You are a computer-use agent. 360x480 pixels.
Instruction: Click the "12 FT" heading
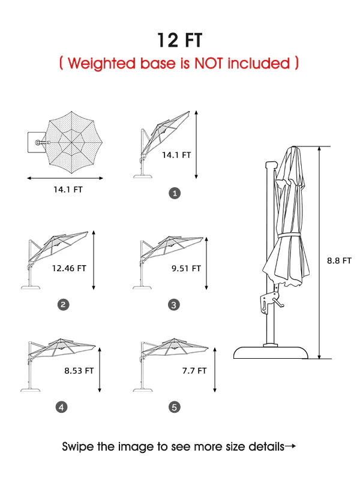179,40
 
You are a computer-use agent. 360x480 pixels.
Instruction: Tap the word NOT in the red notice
208,63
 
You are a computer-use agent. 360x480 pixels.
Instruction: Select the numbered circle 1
175,193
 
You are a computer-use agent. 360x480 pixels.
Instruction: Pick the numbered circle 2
64,305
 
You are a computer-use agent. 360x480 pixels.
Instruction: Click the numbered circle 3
174,305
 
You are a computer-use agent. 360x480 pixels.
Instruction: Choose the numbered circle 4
61,407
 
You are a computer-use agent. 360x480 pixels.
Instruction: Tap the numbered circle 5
175,407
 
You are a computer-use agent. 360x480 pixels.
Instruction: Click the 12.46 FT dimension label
69,268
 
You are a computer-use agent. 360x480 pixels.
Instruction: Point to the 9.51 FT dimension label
186,268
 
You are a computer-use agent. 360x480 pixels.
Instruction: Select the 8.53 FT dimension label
79,371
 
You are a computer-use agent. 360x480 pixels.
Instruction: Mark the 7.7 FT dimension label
194,371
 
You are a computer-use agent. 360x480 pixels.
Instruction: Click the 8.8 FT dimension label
339,260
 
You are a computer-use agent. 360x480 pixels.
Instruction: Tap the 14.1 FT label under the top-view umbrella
68,190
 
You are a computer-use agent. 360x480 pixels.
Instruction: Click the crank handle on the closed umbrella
278,302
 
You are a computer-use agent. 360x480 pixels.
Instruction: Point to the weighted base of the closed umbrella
271,352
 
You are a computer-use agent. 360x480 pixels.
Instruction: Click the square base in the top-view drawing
37,142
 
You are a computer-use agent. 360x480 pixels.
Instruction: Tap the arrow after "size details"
290,446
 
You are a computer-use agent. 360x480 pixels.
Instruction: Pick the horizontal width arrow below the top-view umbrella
65,178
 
